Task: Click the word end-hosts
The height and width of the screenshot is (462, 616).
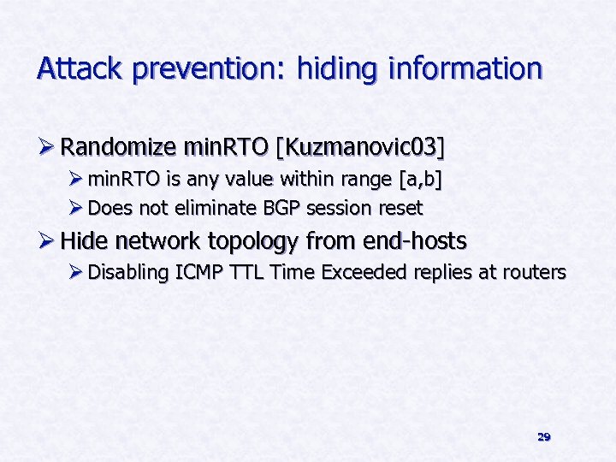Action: coord(415,241)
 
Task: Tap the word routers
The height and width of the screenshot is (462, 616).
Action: coord(536,273)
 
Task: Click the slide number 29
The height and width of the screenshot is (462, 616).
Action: coord(543,437)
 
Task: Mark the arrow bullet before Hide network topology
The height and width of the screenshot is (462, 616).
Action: coord(47,241)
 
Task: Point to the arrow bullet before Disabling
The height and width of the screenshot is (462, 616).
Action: coord(77,273)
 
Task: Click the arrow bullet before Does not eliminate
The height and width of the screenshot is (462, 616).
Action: coord(77,208)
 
